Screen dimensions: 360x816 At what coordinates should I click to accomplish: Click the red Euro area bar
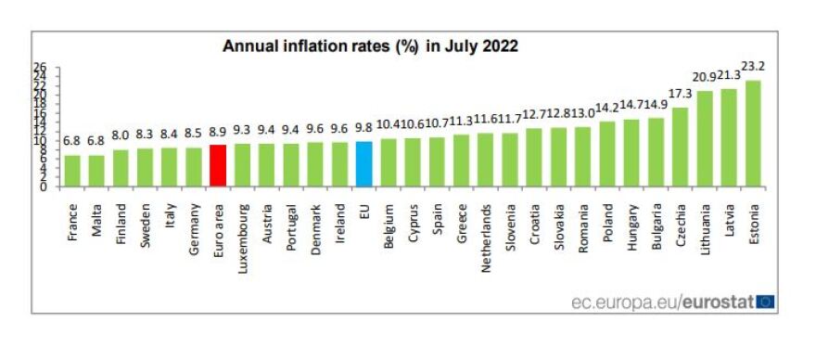[218, 165]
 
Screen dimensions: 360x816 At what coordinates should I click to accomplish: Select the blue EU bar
[364, 163]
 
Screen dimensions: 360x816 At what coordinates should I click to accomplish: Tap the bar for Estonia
[753, 133]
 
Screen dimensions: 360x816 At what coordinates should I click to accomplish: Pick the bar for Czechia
[680, 147]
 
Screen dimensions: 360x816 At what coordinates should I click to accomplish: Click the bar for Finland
[121, 167]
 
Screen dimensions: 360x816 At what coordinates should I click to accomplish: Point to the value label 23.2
[753, 66]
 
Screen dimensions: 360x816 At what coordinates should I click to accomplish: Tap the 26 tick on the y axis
[40, 68]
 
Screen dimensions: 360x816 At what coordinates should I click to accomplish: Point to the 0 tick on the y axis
[44, 186]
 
